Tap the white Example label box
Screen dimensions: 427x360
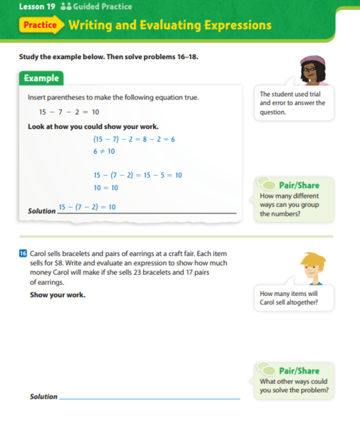pos(41,78)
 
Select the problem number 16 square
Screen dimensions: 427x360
pos(23,253)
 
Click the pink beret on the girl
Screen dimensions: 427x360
pos(311,59)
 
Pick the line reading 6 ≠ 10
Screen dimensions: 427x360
pos(105,152)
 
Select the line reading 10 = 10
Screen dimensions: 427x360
pos(106,186)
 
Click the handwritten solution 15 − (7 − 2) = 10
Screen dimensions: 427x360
pos(88,206)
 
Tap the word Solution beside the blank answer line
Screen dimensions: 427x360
pos(43,396)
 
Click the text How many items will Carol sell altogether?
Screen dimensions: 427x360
pos(289,298)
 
